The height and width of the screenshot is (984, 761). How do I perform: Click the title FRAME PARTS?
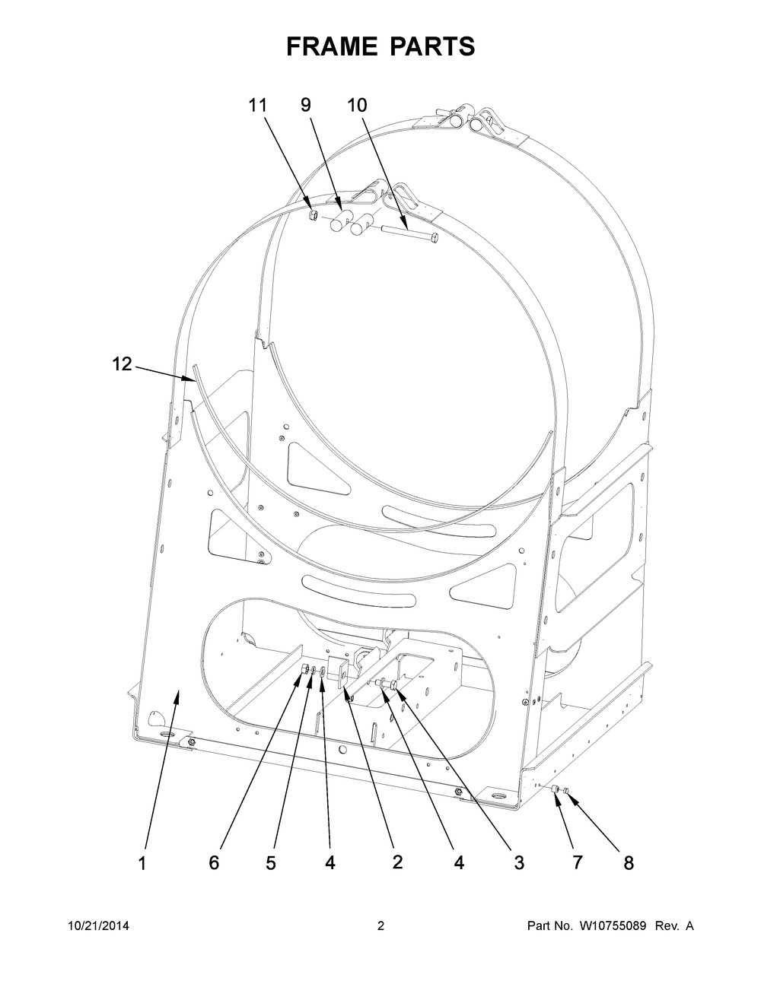click(x=380, y=46)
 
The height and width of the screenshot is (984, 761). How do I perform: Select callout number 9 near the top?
click(x=306, y=106)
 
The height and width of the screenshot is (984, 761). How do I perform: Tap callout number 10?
click(x=357, y=106)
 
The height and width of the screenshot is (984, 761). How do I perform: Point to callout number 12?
click(x=122, y=364)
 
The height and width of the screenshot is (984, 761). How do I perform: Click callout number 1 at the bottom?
click(x=142, y=862)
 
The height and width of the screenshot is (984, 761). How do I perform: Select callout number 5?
click(x=271, y=862)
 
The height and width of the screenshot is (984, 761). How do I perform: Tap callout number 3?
click(x=519, y=862)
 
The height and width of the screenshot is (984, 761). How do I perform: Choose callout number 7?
click(x=577, y=862)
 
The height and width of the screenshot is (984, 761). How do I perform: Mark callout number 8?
click(x=629, y=862)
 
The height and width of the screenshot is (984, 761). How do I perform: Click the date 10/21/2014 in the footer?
click(x=98, y=926)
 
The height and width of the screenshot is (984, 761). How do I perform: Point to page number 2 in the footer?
click(x=380, y=926)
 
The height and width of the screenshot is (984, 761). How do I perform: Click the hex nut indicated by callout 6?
click(x=303, y=669)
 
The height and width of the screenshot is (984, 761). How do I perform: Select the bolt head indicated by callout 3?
click(x=393, y=687)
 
